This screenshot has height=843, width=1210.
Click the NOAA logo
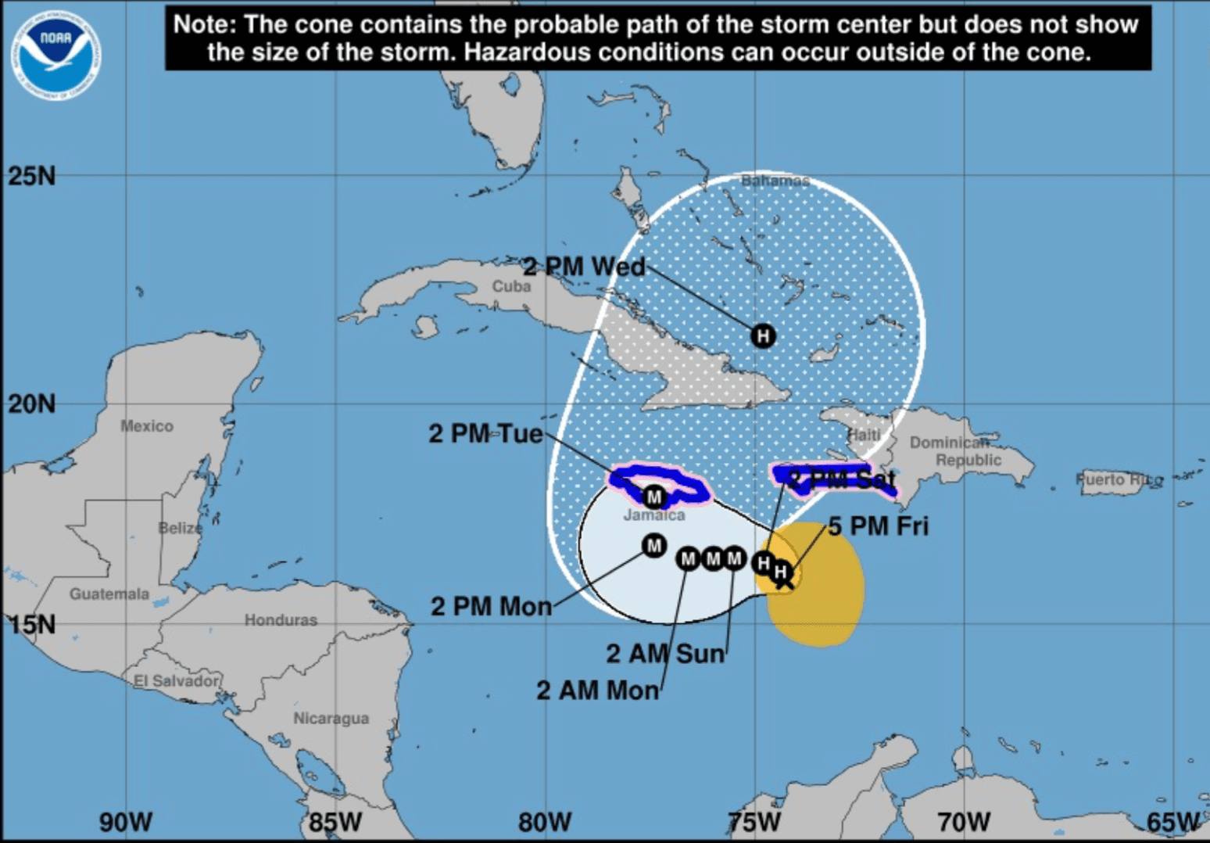tap(55, 54)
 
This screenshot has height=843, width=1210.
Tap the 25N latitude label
tap(32, 176)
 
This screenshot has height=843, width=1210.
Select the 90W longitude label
tap(125, 822)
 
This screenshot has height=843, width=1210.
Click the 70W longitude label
tap(963, 822)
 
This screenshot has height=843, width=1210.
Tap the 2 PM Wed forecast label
tap(584, 267)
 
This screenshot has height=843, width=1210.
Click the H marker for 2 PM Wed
tap(763, 335)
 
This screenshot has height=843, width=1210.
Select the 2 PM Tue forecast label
tap(485, 433)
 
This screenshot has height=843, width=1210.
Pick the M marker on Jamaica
tap(654, 497)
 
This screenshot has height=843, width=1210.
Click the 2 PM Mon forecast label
tap(491, 606)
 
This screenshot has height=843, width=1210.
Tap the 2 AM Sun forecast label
tap(665, 653)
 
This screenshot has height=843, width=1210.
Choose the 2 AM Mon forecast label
tap(597, 691)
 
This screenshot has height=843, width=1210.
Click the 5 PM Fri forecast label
tap(878, 526)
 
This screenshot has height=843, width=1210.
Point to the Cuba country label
tap(511, 287)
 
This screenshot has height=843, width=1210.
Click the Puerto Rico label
tap(1119, 479)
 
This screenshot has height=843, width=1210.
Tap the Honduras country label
tap(281, 620)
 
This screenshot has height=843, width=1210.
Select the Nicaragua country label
tap(331, 718)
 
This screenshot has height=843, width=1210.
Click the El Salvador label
tap(177, 680)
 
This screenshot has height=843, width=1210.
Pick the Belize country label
tap(180, 528)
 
